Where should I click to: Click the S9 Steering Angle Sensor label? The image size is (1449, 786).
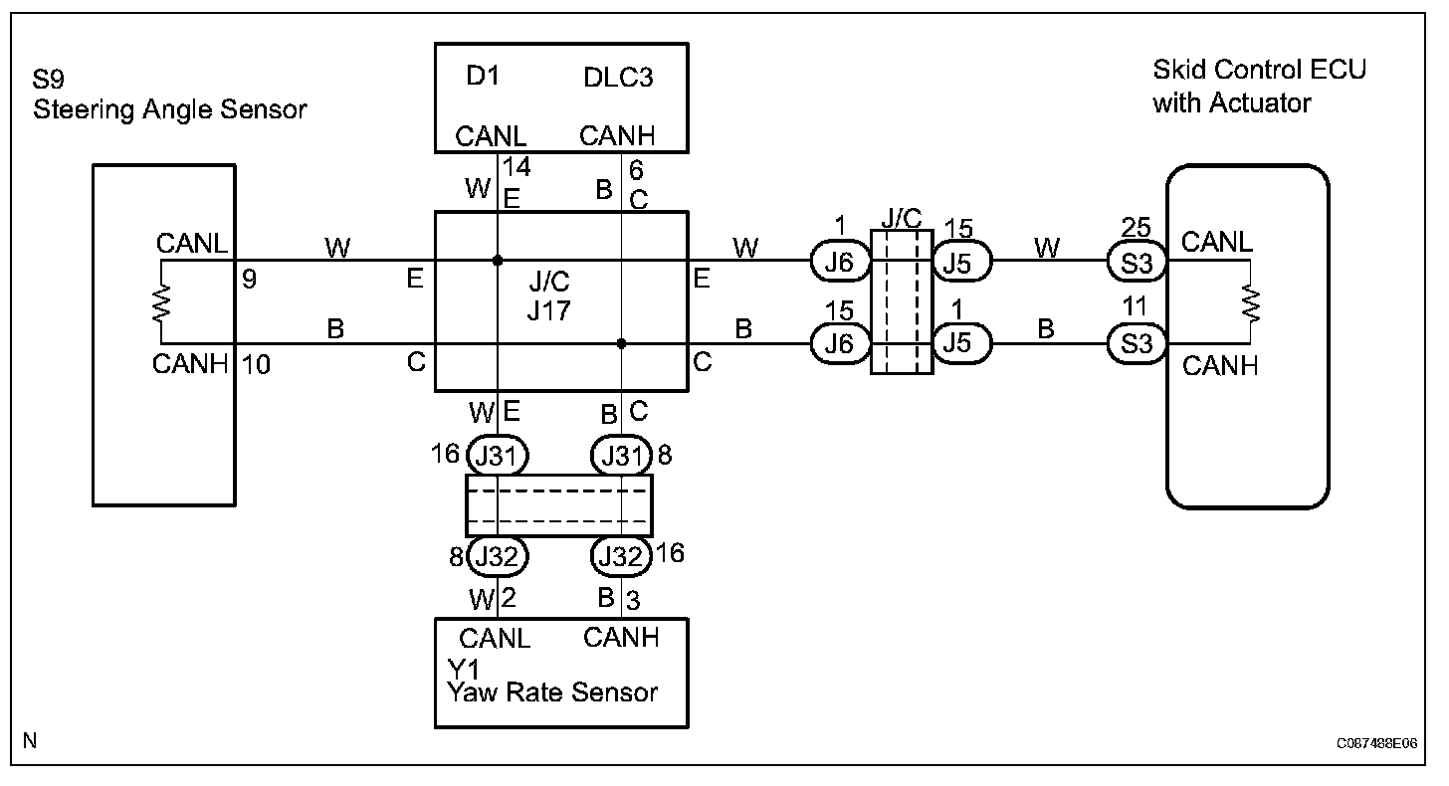170,95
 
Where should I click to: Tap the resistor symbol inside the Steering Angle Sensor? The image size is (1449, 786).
160,301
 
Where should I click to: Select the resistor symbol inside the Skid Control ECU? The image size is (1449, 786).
1249,302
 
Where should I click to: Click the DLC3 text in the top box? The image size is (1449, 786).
618,78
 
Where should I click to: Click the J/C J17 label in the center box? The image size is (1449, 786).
549,296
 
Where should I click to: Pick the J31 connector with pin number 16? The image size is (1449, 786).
497,457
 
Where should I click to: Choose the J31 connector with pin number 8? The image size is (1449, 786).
622,457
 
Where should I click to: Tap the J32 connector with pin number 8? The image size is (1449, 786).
497,555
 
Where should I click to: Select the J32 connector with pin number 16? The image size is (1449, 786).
622,555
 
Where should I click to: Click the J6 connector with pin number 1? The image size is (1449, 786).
842,263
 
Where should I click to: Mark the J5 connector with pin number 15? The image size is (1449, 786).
961,263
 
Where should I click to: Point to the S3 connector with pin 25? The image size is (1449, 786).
1137,263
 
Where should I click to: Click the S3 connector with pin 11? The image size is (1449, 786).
1137,344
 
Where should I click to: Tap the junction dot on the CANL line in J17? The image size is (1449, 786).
497,262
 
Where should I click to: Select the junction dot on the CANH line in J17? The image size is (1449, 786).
621,344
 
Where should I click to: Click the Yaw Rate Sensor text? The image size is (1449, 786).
553,691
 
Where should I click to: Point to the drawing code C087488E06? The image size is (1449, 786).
1376,742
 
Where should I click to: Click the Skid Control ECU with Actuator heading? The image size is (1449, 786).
1259,86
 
